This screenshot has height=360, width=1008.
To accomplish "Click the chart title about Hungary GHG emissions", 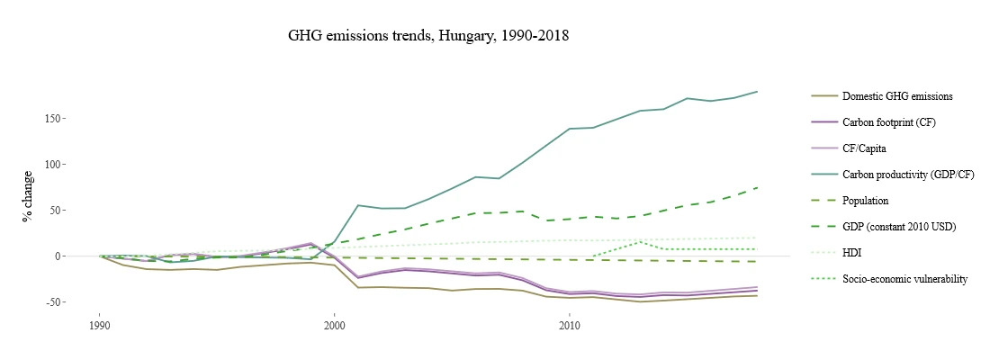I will pyautogui.click(x=428, y=37).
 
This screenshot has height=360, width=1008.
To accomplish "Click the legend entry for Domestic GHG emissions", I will pyautogui.click(x=896, y=96).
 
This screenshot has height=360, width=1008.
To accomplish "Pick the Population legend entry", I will pyautogui.click(x=865, y=201).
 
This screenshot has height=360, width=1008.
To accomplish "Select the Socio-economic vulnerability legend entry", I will pyautogui.click(x=904, y=279).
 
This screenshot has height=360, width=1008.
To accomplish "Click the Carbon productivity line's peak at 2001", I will pyautogui.click(x=358, y=205).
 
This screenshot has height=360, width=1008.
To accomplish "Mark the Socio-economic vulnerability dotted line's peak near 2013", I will pyautogui.click(x=640, y=242).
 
